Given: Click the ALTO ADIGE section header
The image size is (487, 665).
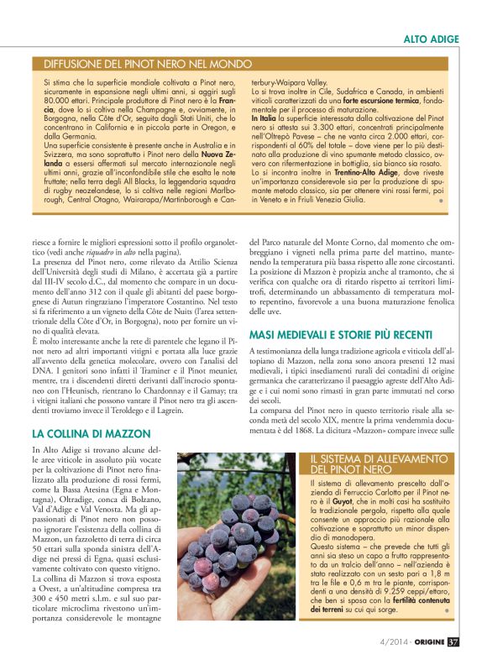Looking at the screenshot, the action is click(432, 39).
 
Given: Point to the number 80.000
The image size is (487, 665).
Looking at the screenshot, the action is click(58, 102).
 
